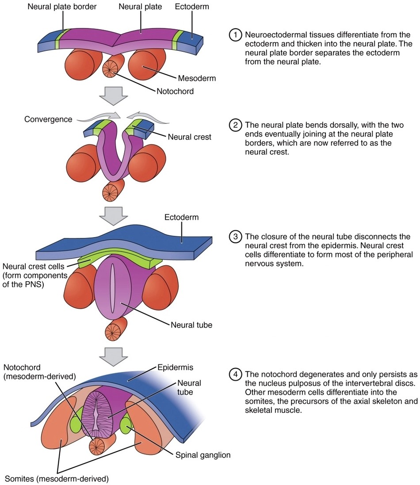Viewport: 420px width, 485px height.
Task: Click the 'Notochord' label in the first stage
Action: click(175, 92)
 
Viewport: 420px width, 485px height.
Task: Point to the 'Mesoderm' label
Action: click(197, 79)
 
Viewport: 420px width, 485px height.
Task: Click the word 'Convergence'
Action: click(48, 119)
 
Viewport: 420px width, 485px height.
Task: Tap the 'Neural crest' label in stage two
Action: click(189, 137)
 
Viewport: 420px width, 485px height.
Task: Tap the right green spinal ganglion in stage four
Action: click(126, 425)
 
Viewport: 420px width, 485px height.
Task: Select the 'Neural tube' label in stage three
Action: click(191, 325)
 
